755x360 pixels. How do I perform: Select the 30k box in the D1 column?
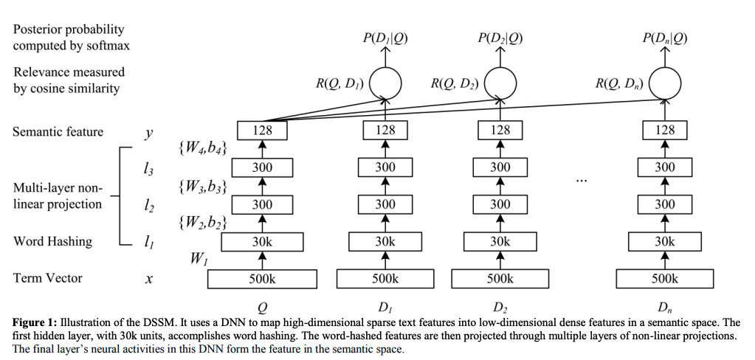click(385, 241)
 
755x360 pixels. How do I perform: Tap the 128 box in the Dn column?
click(664, 130)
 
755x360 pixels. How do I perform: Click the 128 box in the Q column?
click(263, 130)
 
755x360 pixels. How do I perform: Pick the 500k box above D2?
click(500, 279)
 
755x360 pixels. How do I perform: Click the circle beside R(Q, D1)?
click(385, 84)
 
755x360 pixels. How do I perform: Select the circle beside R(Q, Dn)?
click(664, 84)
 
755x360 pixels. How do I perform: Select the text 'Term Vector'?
click(47, 278)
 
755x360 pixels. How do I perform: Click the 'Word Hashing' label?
click(52, 241)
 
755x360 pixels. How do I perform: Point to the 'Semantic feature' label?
click(58, 132)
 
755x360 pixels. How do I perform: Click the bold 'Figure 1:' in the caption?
click(35, 322)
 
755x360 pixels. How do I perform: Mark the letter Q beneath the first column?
click(262, 306)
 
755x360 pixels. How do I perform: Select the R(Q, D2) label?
click(454, 84)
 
